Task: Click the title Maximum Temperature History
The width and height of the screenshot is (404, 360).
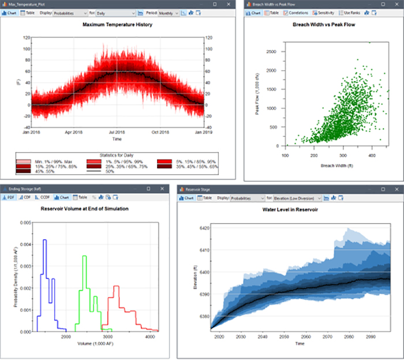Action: pyautogui.click(x=117, y=25)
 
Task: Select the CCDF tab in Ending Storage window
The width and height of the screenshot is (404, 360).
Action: pyautogui.click(x=45, y=197)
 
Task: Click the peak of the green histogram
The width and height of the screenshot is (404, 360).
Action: pyautogui.click(x=84, y=256)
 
